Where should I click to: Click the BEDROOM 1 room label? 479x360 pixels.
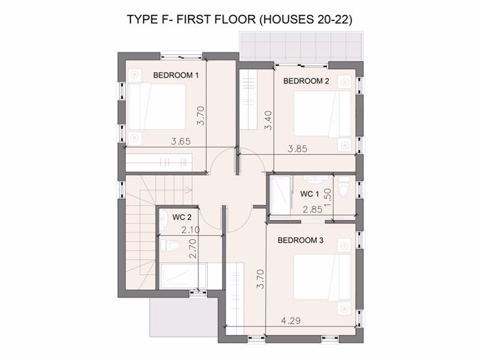[176, 75]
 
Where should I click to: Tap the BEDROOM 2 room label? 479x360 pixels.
[306, 81]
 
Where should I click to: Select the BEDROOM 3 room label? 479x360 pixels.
[300, 240]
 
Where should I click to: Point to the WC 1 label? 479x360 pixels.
[309, 194]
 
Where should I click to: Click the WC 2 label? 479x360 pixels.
[182, 217]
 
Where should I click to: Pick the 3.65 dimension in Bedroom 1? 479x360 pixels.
[181, 141]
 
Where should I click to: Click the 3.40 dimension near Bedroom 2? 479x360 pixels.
[268, 120]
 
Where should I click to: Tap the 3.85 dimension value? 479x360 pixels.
[298, 149]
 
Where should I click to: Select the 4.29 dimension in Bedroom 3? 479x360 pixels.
[291, 321]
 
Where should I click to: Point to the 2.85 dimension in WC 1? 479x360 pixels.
[313, 209]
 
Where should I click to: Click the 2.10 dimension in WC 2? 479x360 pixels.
[191, 230]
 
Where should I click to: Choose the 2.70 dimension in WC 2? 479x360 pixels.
[193, 249]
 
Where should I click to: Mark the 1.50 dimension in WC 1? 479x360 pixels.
[327, 198]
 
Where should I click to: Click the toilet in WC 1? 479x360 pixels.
[343, 187]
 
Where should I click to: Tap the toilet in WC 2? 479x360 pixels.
[170, 245]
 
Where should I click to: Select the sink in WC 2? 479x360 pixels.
[163, 220]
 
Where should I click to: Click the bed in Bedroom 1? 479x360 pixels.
[157, 107]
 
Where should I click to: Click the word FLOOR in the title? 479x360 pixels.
[235, 19]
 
